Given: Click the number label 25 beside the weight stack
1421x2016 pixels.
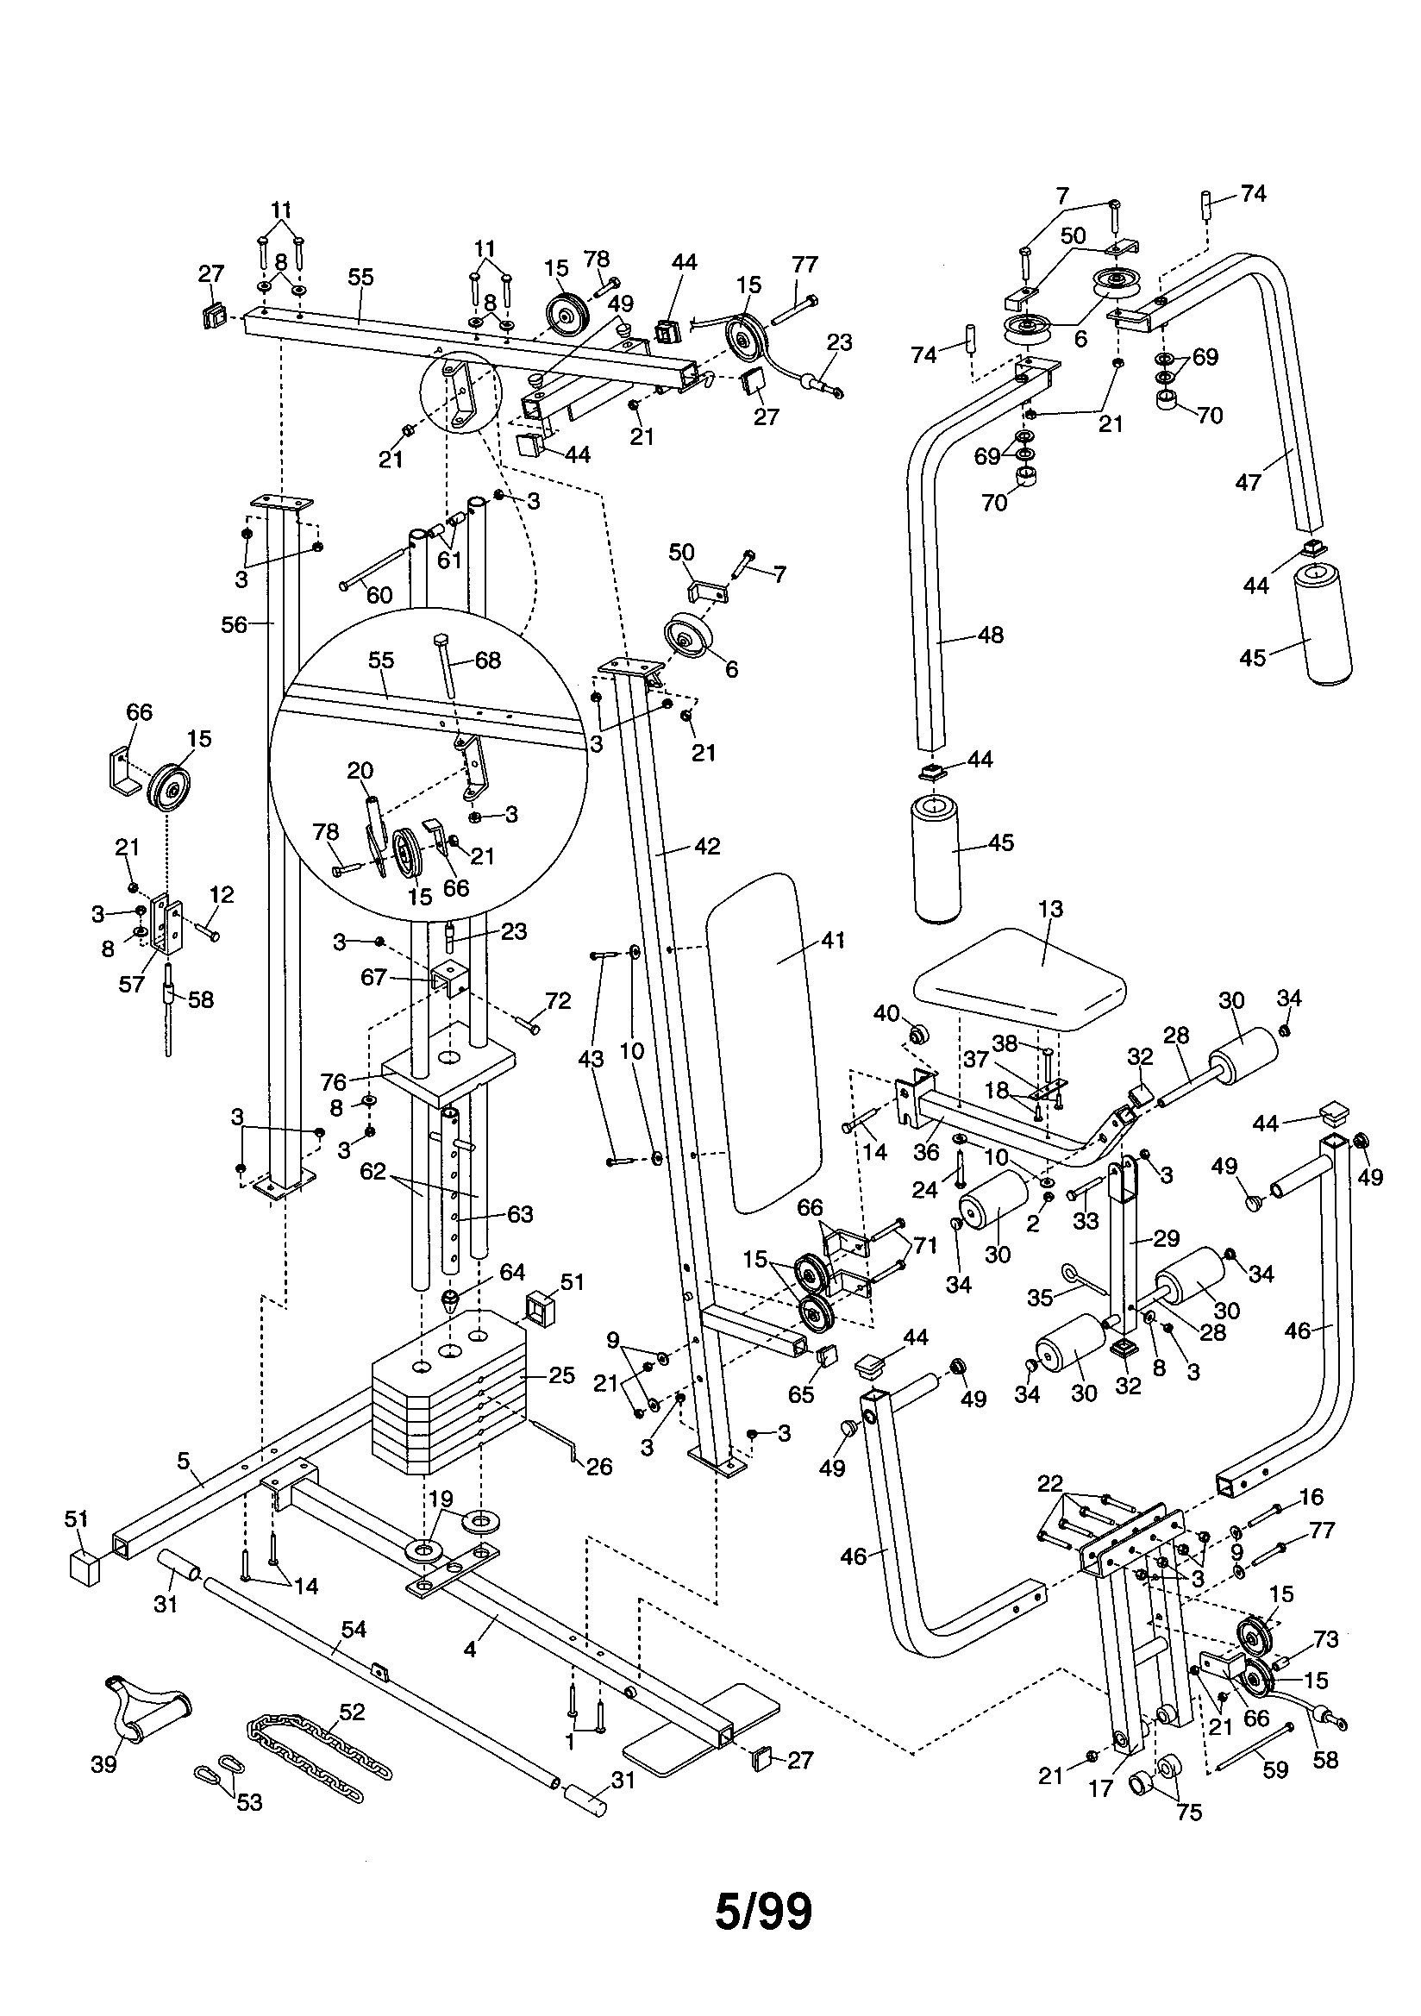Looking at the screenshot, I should pos(561,1375).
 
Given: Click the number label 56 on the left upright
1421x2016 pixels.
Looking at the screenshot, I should pos(235,624).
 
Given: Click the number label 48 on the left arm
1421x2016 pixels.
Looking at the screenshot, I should pos(990,634).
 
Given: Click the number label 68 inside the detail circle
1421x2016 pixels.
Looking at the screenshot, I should pos(487,660).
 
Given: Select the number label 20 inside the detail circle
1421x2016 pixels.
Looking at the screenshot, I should pos(360,770).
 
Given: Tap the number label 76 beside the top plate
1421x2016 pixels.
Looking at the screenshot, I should pos(359,1081).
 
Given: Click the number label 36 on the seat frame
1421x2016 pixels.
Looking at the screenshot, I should pos(926,1151).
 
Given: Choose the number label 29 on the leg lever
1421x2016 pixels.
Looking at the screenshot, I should pos(1167,1239).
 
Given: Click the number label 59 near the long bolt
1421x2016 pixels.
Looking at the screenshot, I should pos(1274,1769).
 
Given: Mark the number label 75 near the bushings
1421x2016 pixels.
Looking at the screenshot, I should pos(1188,1812).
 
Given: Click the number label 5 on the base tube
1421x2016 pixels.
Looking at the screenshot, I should pos(183,1460).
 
